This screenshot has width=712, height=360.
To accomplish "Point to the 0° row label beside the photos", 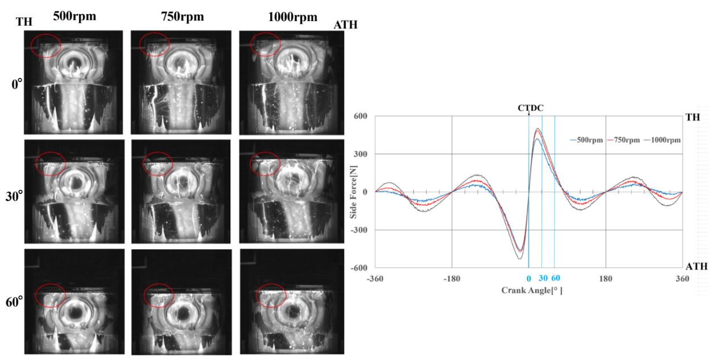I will point(17,84).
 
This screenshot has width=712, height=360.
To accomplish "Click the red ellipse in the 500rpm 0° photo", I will point(46,45).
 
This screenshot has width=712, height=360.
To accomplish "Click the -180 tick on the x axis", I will point(452,279).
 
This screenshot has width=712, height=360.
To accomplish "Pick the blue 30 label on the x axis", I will point(543,279).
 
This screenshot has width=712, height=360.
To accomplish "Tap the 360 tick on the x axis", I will point(682,279).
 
